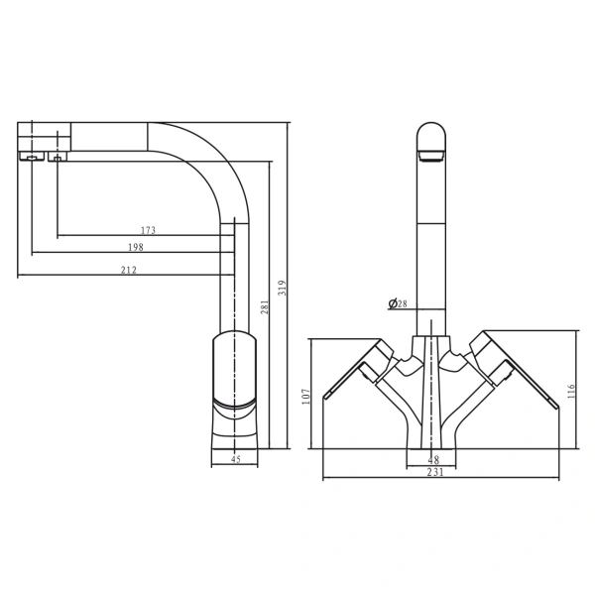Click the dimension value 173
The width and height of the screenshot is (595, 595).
coord(149,231)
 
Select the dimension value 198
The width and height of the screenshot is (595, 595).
coord(136,248)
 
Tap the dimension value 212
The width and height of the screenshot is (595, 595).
coord(129,270)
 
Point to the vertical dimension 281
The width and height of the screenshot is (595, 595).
coord(265,307)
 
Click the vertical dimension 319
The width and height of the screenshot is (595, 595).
coord(283,288)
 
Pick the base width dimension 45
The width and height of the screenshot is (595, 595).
coord(235,459)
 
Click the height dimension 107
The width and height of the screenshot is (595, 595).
coord(306,395)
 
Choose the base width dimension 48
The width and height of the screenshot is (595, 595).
coord(432,459)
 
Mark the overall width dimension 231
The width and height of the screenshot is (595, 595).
coord(433,472)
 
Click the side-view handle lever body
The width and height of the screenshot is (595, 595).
coord(235,369)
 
